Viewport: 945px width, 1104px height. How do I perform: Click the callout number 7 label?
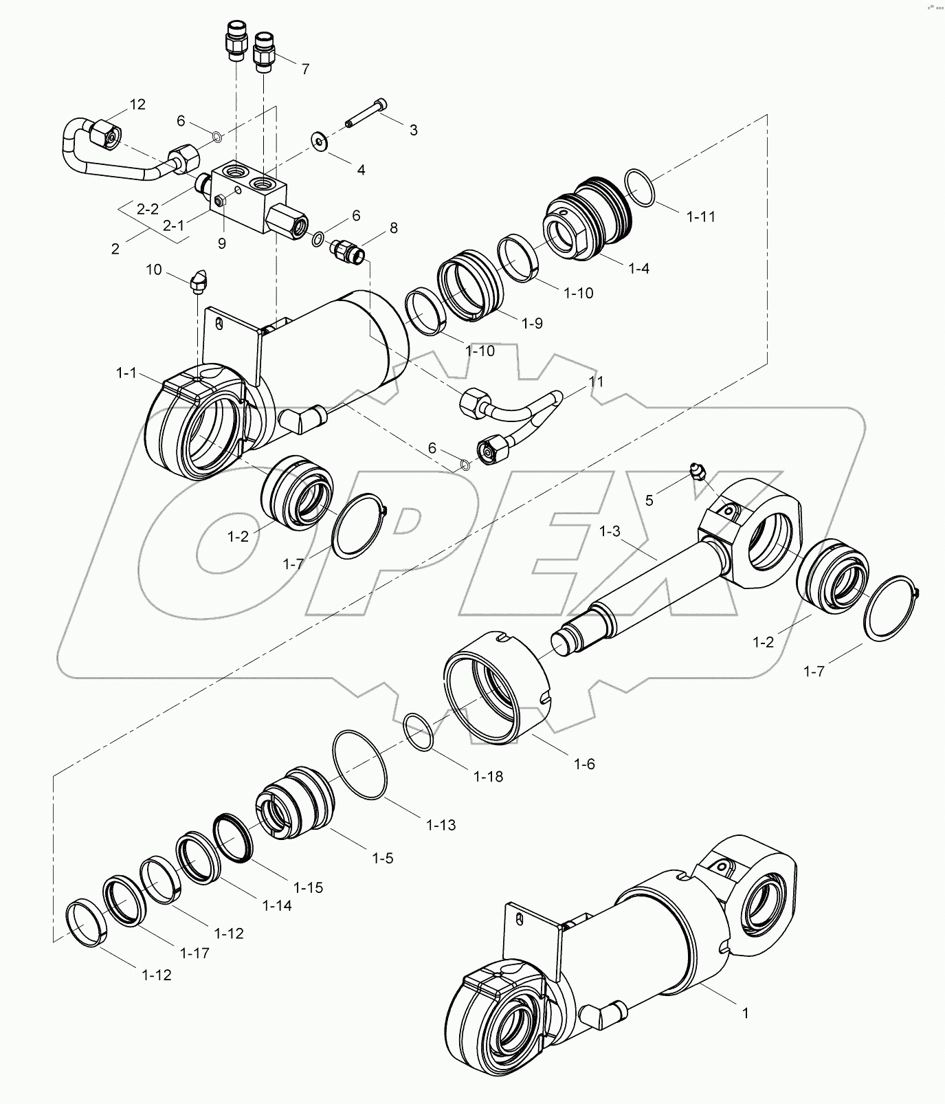[305, 69]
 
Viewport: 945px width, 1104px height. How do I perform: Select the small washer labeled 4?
[320, 141]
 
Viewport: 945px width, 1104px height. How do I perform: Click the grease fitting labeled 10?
[198, 281]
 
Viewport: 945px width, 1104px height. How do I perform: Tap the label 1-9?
[532, 322]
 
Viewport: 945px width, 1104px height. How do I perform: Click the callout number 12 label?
[137, 104]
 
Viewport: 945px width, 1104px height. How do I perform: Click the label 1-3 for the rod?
[610, 531]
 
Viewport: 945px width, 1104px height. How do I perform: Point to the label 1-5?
[382, 858]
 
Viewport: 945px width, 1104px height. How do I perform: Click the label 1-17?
[194, 953]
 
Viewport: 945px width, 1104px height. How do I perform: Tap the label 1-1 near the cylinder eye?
[127, 373]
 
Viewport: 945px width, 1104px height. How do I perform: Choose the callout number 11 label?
[596, 381]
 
